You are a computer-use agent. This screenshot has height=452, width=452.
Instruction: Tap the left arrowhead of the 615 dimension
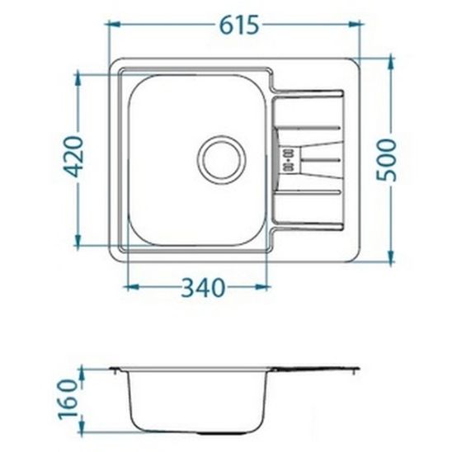point(115,26)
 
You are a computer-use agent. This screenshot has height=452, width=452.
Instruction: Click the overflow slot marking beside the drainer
point(289,158)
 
